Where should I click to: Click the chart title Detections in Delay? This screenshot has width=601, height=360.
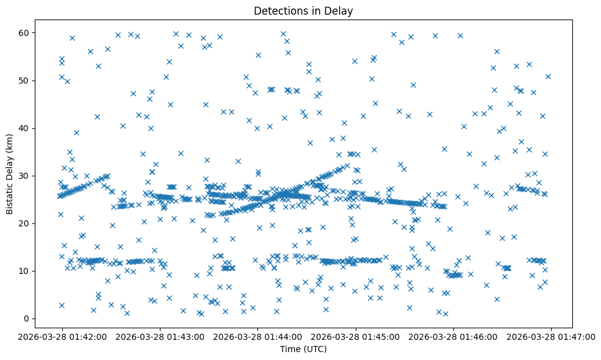[303, 11]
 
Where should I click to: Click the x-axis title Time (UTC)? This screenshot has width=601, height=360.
[303, 349]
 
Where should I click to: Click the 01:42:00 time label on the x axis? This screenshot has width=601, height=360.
[62, 336]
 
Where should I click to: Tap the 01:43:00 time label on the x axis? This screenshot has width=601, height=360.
[160, 336]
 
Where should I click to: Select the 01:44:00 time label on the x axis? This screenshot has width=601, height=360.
[257, 336]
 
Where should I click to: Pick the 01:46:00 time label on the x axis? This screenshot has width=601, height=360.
[453, 336]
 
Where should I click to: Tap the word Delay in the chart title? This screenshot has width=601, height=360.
[340, 11]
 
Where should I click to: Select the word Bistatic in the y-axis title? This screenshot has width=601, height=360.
[10, 195]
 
